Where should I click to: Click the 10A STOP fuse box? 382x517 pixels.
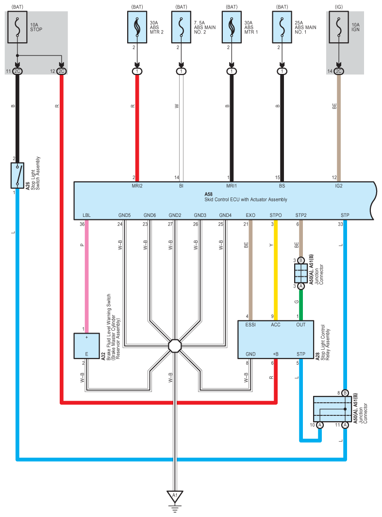pyautogui.click(x=17, y=27)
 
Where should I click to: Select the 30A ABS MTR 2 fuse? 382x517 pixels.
pyautogui.click(x=137, y=27)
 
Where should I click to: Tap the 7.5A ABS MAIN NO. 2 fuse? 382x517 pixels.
pyautogui.click(x=182, y=27)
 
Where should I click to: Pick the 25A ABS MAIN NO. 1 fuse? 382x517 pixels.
pyautogui.click(x=282, y=27)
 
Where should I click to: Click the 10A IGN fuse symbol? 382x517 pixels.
pyautogui.click(x=339, y=27)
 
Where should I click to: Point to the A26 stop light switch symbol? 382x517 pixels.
pyautogui.click(x=17, y=176)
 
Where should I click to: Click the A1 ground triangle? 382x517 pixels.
pyautogui.click(x=175, y=496)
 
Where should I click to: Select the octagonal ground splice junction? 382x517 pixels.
pyautogui.click(x=175, y=346)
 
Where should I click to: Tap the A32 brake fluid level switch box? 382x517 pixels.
pyautogui.click(x=86, y=346)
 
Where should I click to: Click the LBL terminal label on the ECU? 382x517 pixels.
pyautogui.click(x=86, y=215)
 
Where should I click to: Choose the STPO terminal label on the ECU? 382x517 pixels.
pyautogui.click(x=276, y=215)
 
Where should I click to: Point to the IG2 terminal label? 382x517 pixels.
pyautogui.click(x=339, y=186)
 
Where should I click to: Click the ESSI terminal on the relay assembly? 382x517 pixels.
pyautogui.click(x=250, y=325)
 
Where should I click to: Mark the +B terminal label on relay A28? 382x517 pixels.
pyautogui.click(x=276, y=354)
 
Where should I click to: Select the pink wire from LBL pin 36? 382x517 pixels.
pyautogui.click(x=87, y=276)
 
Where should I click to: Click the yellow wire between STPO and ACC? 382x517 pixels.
pyautogui.click(x=276, y=270)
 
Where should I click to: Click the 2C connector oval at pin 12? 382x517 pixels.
pyautogui.click(x=62, y=71)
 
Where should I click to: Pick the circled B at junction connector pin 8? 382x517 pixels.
pyautogui.click(x=345, y=392)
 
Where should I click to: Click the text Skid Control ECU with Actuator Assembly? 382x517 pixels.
pyautogui.click(x=246, y=199)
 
